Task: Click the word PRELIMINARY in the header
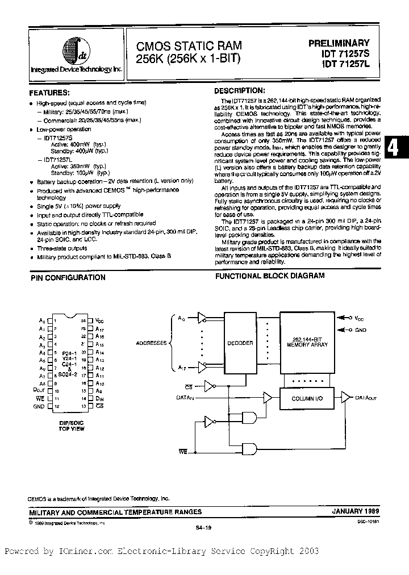click(x=339, y=43)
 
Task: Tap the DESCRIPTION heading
click(x=239, y=91)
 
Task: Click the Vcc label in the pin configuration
click(x=100, y=320)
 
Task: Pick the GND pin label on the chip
click(x=39, y=407)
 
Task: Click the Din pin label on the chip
click(x=99, y=399)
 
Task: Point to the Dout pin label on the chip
click(x=39, y=391)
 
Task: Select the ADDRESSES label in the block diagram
click(x=151, y=344)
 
